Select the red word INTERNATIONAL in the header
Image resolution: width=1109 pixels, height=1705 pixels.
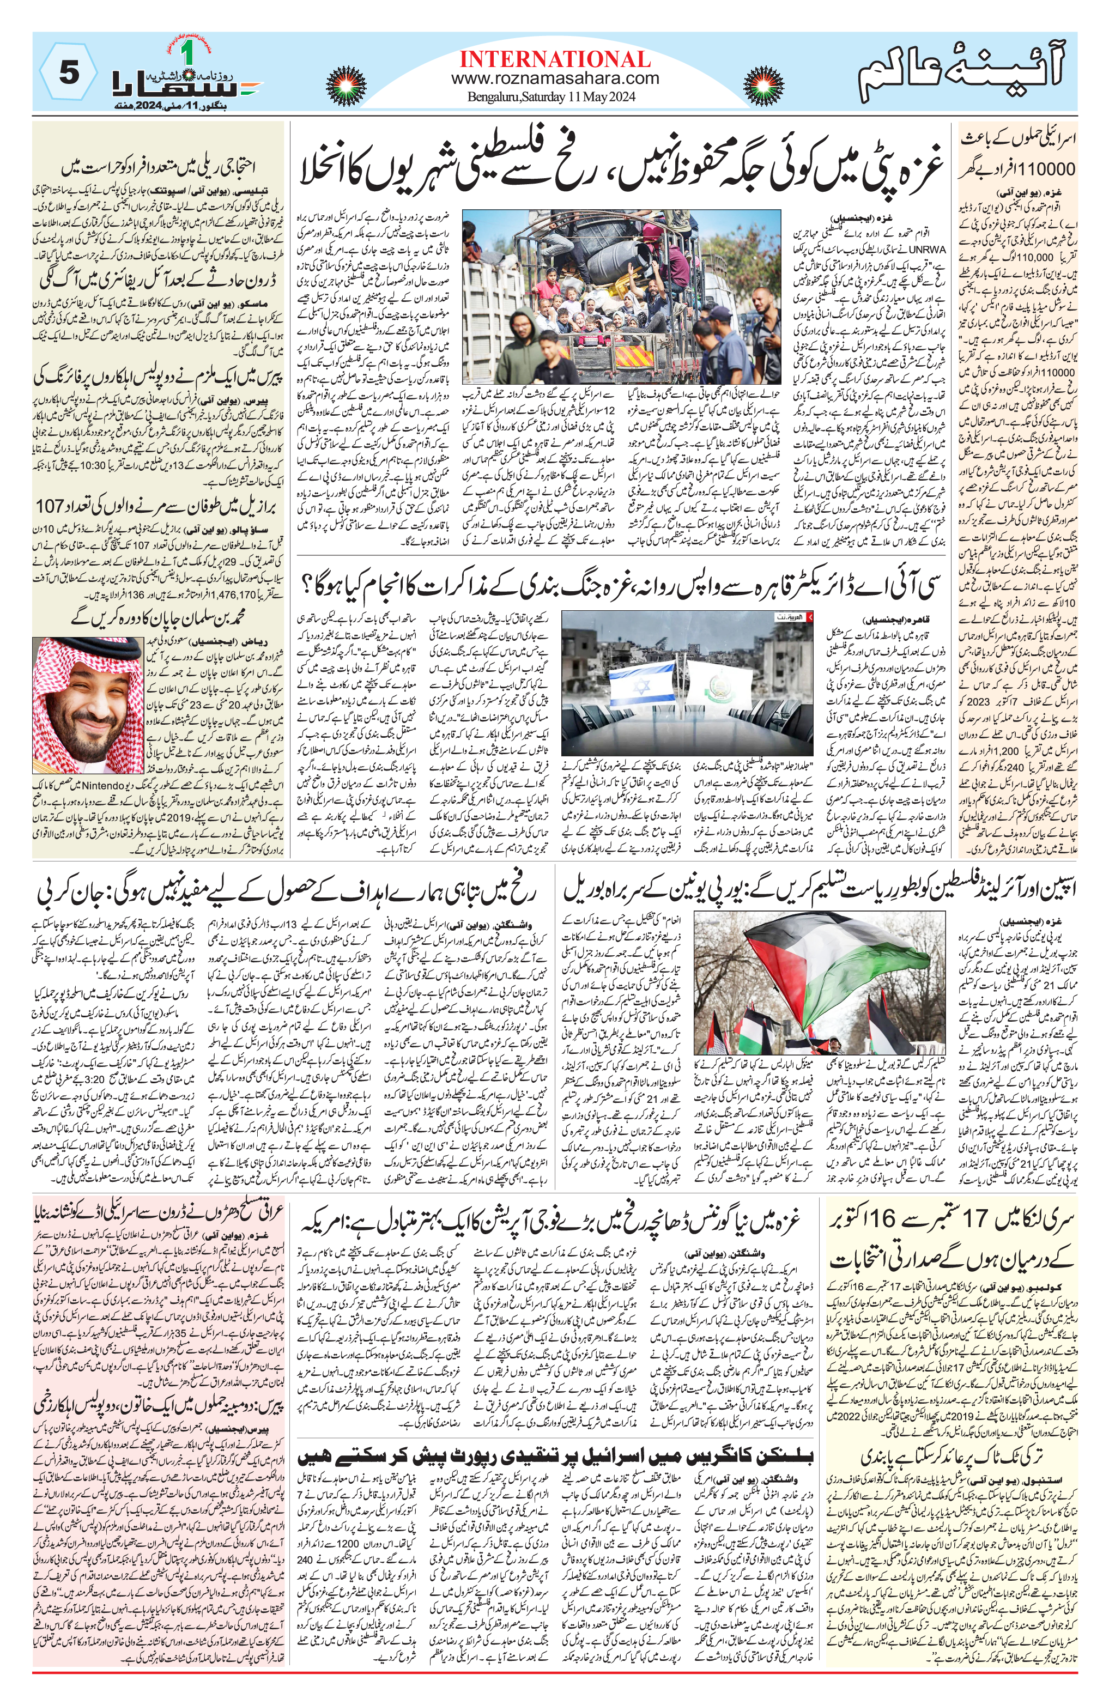[555, 59]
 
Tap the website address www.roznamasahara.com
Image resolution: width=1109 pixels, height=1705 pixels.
[555, 78]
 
